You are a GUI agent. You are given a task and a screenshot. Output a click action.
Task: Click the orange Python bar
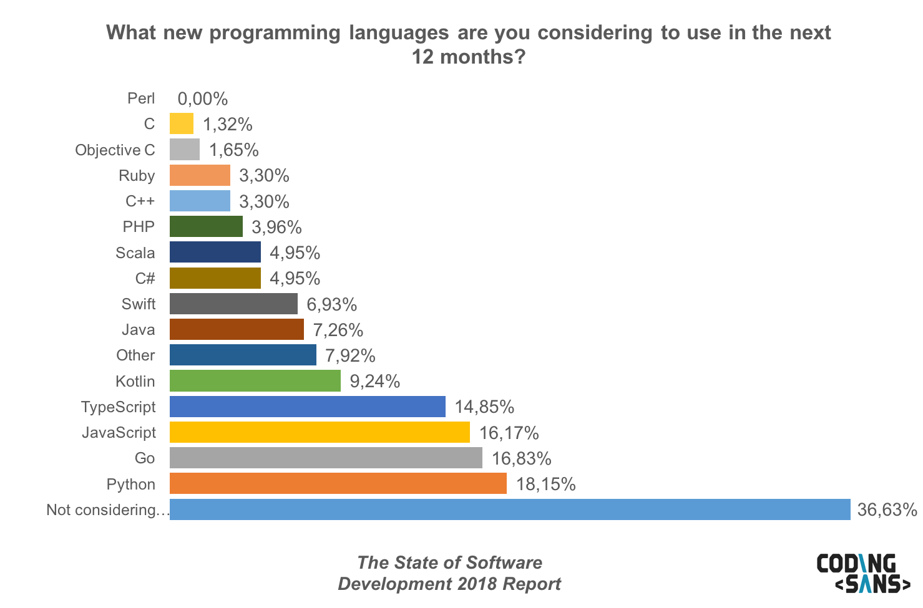pos(338,484)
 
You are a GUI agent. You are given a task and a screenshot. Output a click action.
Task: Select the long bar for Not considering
pos(509,509)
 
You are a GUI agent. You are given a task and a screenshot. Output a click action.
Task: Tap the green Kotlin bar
pos(255,381)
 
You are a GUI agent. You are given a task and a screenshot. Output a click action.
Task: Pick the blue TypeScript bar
pos(307,407)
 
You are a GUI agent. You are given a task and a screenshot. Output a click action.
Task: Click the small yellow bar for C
pos(181,124)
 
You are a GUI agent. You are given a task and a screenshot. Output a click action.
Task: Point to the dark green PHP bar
pos(206,226)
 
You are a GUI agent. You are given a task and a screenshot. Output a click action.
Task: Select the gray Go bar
pos(326,458)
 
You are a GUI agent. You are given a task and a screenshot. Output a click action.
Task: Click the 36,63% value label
pos(887,509)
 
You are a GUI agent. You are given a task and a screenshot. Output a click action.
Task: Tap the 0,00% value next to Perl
pos(203,99)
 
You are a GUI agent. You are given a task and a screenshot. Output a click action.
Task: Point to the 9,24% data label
pos(374,381)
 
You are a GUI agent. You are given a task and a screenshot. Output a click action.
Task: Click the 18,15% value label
pos(545,484)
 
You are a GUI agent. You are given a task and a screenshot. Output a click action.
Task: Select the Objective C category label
pos(115,150)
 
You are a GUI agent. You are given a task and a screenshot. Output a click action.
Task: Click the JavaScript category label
pos(119,432)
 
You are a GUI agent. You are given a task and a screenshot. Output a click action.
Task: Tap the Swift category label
pos(138,304)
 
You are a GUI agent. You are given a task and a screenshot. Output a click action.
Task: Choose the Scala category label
pos(135,253)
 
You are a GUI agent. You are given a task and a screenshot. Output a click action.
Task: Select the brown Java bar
pos(237,329)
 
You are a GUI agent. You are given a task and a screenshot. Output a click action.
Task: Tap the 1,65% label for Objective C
pos(233,150)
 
